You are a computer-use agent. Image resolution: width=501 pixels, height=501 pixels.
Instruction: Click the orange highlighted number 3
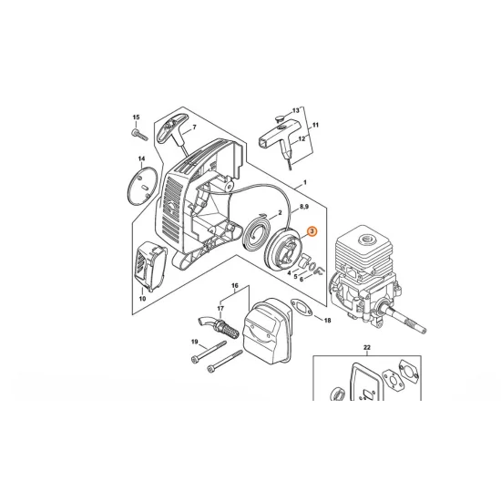(x=312, y=233)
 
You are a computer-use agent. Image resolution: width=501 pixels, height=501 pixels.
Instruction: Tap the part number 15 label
(x=137, y=118)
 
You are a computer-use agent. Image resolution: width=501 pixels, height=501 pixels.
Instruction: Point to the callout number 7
(x=193, y=128)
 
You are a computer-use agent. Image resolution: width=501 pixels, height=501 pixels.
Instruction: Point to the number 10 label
(x=142, y=298)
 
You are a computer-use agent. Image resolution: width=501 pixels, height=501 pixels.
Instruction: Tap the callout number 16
(x=234, y=287)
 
